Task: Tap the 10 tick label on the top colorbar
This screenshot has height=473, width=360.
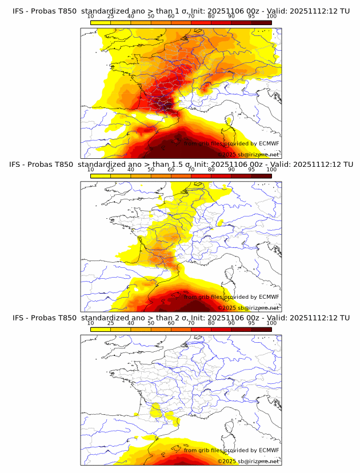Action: click(x=90, y=17)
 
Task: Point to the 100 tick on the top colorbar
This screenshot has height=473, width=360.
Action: click(x=271, y=17)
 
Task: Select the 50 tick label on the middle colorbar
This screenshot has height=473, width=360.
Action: click(x=151, y=170)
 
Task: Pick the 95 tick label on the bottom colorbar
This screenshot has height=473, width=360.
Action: click(x=251, y=323)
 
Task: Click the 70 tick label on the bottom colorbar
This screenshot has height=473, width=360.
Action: click(x=191, y=323)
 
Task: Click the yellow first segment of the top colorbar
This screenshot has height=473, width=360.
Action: click(x=100, y=22)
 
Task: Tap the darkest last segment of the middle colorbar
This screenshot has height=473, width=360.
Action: click(x=261, y=175)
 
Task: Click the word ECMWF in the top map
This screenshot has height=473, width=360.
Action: click(x=269, y=143)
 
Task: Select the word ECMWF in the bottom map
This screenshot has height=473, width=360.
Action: click(x=269, y=450)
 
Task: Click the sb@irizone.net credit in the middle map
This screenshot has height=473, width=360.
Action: click(x=258, y=307)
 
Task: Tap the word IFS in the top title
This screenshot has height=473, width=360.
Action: click(x=18, y=11)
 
